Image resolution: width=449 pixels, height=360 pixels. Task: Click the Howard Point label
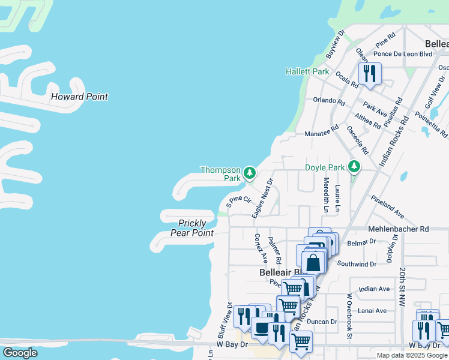[x=79, y=97]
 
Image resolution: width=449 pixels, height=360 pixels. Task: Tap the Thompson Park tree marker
[x=250, y=173]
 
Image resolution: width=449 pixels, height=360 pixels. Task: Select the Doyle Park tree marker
[x=355, y=167]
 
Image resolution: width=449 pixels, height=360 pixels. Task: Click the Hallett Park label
[x=307, y=71]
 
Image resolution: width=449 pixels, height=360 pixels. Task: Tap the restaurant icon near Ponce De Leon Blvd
[x=369, y=74]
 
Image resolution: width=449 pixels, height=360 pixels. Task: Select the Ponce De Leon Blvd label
[x=403, y=53]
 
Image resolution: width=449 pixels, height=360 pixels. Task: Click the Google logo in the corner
[x=20, y=353]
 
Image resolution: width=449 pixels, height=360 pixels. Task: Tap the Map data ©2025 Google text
[x=412, y=355]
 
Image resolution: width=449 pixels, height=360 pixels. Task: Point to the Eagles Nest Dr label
[x=263, y=198]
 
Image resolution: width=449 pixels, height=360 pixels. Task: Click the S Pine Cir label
[x=238, y=202]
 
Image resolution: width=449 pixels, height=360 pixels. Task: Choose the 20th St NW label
[x=402, y=287]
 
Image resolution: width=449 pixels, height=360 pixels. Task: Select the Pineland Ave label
[x=387, y=206]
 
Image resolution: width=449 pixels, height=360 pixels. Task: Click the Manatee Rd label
[x=322, y=134]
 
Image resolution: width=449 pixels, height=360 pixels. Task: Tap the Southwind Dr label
[x=357, y=264]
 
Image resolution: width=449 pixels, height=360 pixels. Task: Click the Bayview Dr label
[x=336, y=44]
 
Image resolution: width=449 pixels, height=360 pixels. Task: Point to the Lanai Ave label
[x=372, y=311]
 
